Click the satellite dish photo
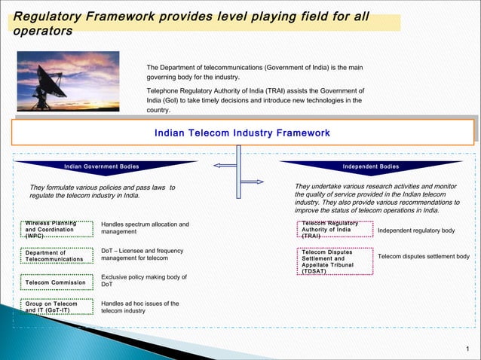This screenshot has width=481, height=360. click(x=68, y=81)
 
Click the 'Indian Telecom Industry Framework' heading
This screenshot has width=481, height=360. click(x=241, y=133)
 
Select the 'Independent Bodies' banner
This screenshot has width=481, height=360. click(x=370, y=166)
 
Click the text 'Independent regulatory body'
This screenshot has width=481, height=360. click(x=416, y=230)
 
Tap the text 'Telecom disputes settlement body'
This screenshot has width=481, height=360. click(x=424, y=257)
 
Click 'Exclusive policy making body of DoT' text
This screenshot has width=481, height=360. click(x=144, y=281)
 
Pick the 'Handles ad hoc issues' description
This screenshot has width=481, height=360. click(x=140, y=307)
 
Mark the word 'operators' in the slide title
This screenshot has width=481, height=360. click(x=44, y=32)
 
